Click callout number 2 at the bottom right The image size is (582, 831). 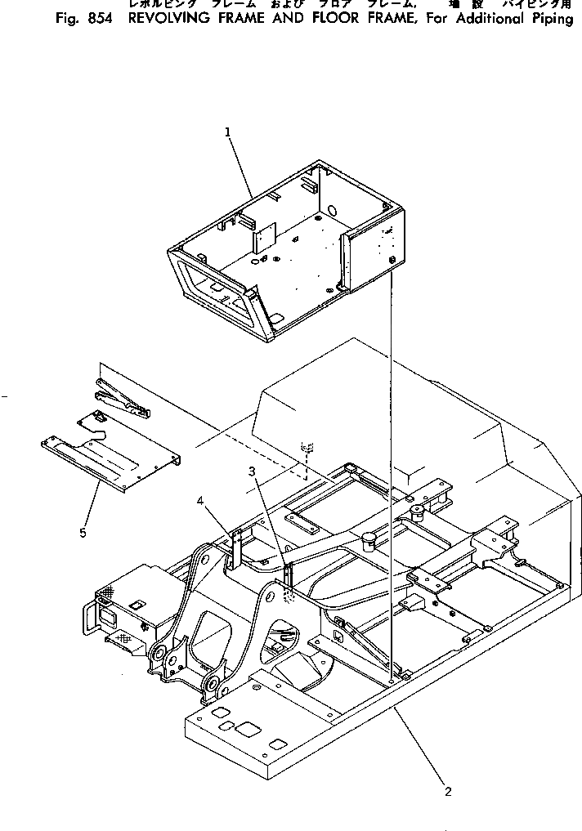(x=447, y=790)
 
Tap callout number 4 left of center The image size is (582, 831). (x=199, y=502)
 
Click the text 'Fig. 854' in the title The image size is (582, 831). (x=82, y=19)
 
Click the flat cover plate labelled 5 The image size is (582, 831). (x=110, y=461)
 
